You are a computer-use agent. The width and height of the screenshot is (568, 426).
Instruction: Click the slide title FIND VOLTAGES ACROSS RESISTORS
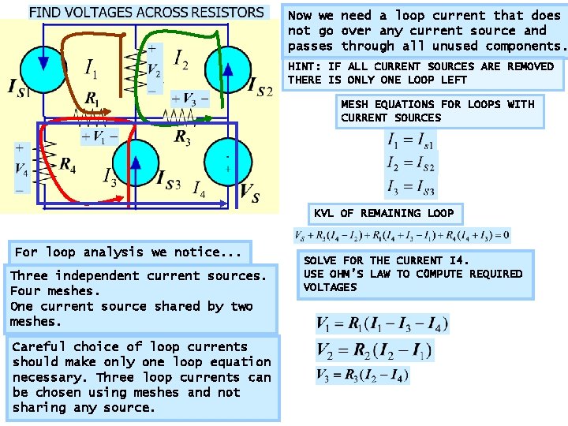coord(147,13)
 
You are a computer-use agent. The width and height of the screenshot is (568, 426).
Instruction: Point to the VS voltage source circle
coord(227,163)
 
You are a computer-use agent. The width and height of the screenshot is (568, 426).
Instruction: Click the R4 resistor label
coord(68,165)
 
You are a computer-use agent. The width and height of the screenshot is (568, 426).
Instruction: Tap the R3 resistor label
coord(183,138)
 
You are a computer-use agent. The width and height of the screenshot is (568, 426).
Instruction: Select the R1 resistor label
coord(92,100)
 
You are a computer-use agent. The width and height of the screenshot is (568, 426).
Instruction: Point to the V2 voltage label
coord(155,69)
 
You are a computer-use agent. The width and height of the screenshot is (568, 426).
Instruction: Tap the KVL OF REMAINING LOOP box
coord(384,213)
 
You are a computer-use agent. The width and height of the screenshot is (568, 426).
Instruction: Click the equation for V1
coord(382,324)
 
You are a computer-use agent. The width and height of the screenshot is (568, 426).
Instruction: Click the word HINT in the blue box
coord(302,66)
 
